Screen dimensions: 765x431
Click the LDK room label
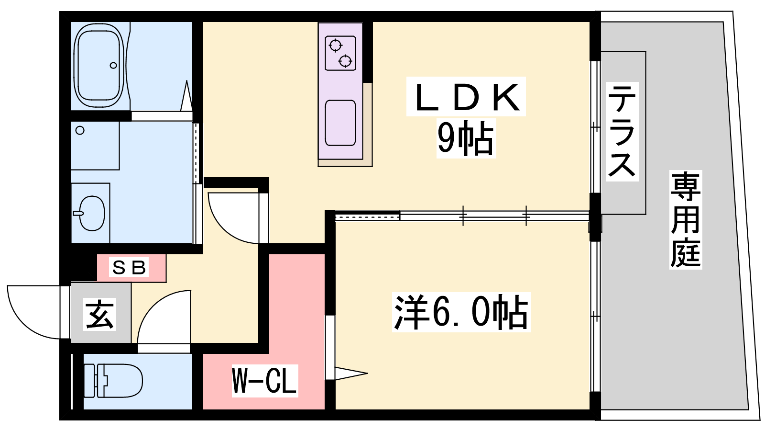pyautogui.click(x=466, y=96)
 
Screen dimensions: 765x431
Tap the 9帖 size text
pyautogui.click(x=466, y=138)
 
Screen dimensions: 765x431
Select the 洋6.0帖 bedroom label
pyautogui.click(x=461, y=312)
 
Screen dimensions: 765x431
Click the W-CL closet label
pyautogui.click(x=265, y=380)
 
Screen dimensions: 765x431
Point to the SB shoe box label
pyautogui.click(x=129, y=268)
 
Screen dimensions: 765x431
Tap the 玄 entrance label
pyautogui.click(x=99, y=314)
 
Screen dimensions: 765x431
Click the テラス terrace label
pyautogui.click(x=622, y=131)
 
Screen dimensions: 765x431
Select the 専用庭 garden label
pyautogui.click(x=686, y=219)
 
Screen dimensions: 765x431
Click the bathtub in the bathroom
pyautogui.click(x=98, y=65)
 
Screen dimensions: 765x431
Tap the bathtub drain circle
pyautogui.click(x=113, y=65)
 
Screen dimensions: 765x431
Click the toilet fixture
pyautogui.click(x=113, y=380)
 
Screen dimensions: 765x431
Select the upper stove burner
pyautogui.click(x=335, y=45)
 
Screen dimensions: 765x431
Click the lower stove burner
pyautogui.click(x=345, y=61)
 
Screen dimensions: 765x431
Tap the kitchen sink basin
pyautogui.click(x=340, y=123)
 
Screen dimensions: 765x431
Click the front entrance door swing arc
pyautogui.click(x=33, y=312)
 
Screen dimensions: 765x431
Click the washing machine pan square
pyautogui.click(x=95, y=146)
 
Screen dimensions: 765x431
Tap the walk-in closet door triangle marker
pyautogui.click(x=351, y=373)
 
